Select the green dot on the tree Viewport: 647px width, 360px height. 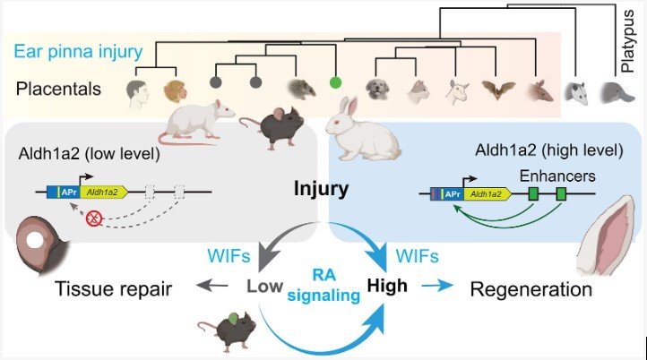tap(335, 82)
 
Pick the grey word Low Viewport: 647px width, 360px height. tap(266, 288)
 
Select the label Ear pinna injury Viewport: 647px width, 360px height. tap(78, 50)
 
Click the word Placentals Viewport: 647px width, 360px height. tap(56, 88)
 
